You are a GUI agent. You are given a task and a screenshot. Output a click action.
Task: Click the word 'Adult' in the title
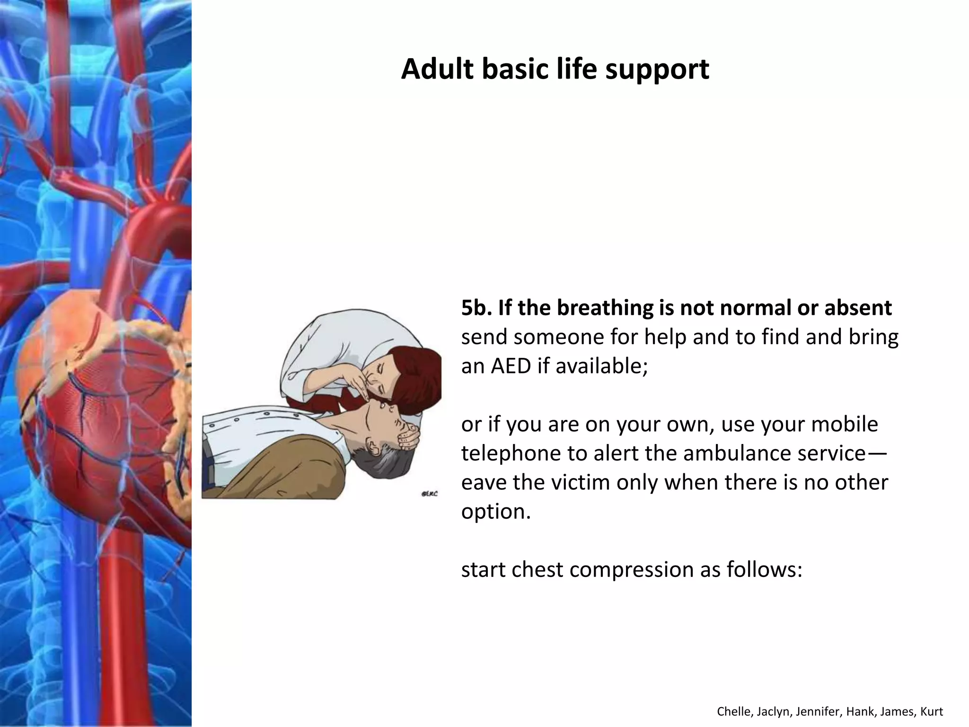437,69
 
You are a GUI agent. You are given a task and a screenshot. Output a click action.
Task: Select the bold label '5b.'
476,308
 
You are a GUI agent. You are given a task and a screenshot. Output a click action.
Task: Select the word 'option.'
496,512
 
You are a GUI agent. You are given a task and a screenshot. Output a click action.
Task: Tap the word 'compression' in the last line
631,569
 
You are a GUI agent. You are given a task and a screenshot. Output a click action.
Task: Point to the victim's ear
374,447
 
